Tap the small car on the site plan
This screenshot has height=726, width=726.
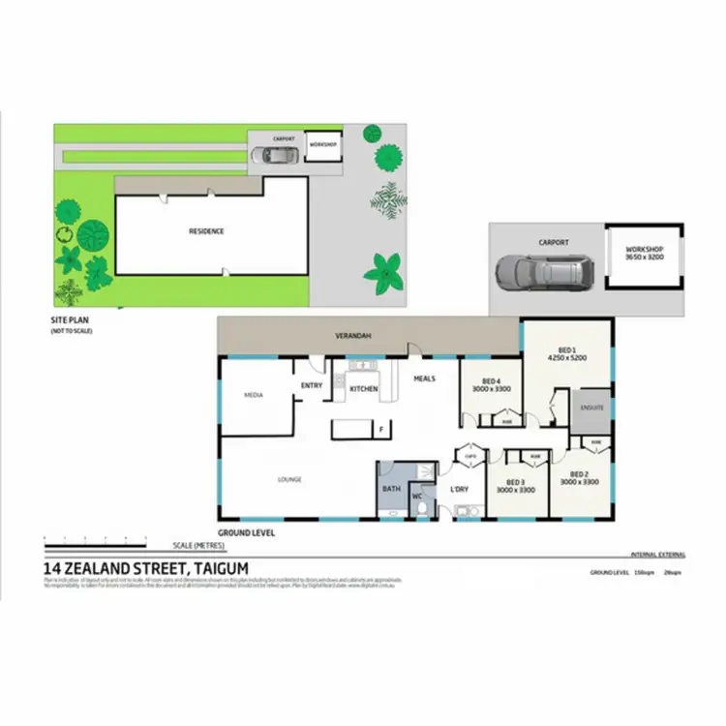coord(263,155)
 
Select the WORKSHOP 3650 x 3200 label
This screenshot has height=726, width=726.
coord(643,253)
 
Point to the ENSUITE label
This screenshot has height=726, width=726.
coord(592,408)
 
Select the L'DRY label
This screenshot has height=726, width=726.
coord(460,489)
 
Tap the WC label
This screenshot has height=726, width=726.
coord(418,497)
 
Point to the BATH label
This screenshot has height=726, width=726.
coord(391,489)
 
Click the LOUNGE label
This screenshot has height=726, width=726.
coord(289,479)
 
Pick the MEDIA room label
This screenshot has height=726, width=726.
coord(254,395)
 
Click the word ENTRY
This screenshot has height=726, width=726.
coord(312,385)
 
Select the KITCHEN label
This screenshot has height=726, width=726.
coord(363,389)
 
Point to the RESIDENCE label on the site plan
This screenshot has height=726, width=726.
coord(206,231)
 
